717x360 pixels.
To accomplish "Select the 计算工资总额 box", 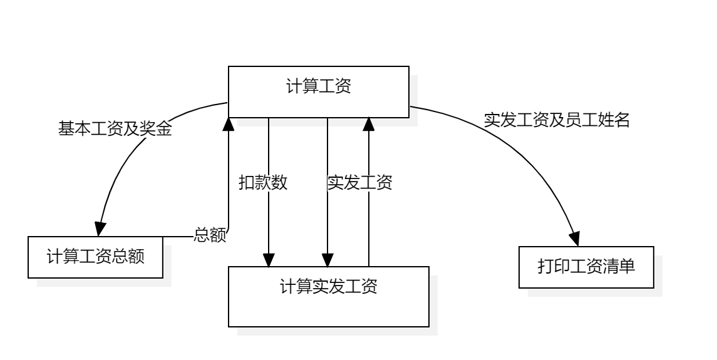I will (x=95, y=257).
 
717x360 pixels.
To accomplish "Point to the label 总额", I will (x=210, y=236).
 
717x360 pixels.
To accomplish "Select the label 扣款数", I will (x=263, y=182).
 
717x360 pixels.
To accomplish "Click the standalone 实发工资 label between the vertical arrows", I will (x=360, y=182).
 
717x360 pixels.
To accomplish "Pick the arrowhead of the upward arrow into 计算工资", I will (x=369, y=124).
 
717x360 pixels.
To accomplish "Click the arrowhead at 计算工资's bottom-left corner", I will (x=229, y=124).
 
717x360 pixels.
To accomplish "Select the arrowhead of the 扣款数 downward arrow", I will (x=269, y=259).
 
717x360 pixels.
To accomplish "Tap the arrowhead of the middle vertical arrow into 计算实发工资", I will (x=328, y=259).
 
